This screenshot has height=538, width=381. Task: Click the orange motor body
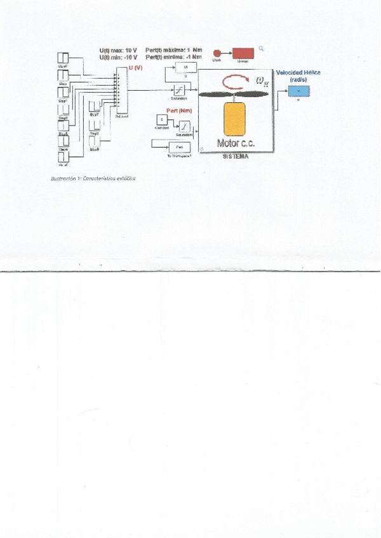click(235, 119)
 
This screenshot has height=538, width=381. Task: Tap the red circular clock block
click(217, 53)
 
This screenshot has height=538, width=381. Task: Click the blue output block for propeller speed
click(297, 91)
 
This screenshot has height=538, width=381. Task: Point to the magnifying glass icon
click(260, 48)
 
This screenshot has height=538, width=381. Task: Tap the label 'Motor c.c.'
click(236, 144)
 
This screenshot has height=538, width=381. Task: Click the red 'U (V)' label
click(135, 67)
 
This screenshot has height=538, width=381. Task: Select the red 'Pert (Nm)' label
click(179, 111)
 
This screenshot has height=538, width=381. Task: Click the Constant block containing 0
click(162, 120)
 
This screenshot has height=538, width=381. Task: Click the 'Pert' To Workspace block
click(179, 146)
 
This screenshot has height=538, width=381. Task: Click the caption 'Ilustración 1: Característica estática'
click(93, 178)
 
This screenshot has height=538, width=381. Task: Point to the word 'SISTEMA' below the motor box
click(235, 156)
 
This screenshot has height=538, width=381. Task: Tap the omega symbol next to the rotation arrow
click(261, 81)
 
